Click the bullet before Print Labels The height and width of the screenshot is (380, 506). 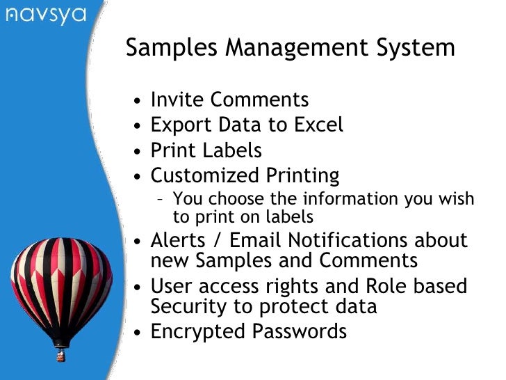(139, 152)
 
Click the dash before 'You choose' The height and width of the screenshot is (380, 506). (161, 200)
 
